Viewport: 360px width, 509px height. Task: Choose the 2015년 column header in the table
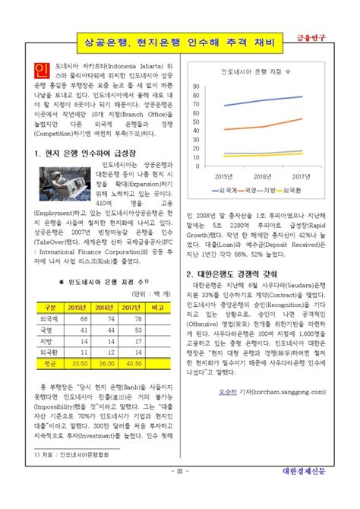[x=77, y=306]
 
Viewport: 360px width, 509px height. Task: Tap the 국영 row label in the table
[x=48, y=330]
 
